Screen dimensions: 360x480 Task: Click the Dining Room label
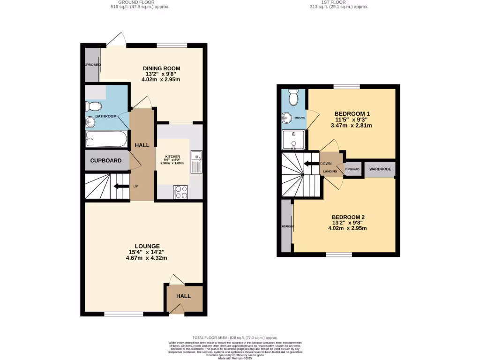(x=161, y=68)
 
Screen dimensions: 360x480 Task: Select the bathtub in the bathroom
(x=106, y=139)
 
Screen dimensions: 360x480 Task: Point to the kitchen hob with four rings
(x=180, y=192)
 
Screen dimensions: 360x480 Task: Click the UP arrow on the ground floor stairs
(x=122, y=186)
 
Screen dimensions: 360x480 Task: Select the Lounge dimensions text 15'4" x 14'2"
(x=148, y=252)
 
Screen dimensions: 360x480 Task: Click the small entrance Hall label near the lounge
(x=184, y=296)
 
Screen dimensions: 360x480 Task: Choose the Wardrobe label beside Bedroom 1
(x=380, y=169)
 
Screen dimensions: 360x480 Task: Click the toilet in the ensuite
(x=294, y=97)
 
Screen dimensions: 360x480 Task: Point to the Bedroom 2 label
(x=348, y=217)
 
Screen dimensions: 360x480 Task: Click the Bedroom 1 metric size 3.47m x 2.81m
(x=352, y=126)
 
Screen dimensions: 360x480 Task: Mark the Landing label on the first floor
(x=330, y=172)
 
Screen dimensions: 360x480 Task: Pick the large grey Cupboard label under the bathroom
(x=106, y=161)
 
